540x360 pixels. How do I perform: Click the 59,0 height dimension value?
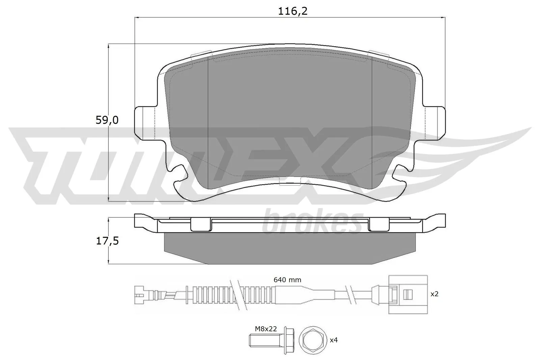(107, 120)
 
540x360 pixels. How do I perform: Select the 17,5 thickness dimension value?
(107, 241)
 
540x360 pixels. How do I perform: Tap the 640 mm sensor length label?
(288, 280)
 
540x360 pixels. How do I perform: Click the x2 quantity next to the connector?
(434, 294)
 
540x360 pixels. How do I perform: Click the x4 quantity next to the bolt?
(333, 340)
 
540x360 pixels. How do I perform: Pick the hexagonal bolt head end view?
(313, 340)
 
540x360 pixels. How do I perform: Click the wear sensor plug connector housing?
(408, 295)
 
